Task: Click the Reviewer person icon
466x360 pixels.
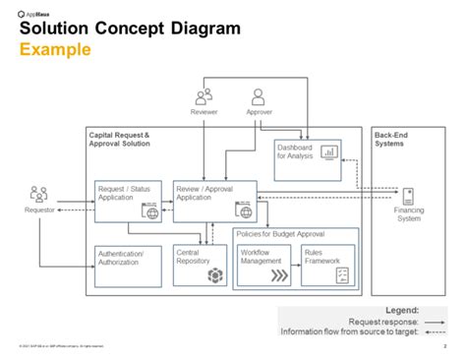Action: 204,96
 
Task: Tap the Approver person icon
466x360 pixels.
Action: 259,96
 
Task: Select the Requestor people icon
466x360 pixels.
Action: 39,194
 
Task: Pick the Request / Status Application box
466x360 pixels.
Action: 127,201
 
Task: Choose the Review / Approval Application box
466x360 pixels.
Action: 214,201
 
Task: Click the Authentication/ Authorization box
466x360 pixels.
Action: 127,263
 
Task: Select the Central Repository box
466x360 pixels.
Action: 200,263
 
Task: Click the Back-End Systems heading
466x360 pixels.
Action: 389,139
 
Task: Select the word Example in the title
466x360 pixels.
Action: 56,49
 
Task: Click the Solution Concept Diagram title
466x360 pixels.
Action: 130,29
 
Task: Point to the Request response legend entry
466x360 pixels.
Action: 383,321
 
